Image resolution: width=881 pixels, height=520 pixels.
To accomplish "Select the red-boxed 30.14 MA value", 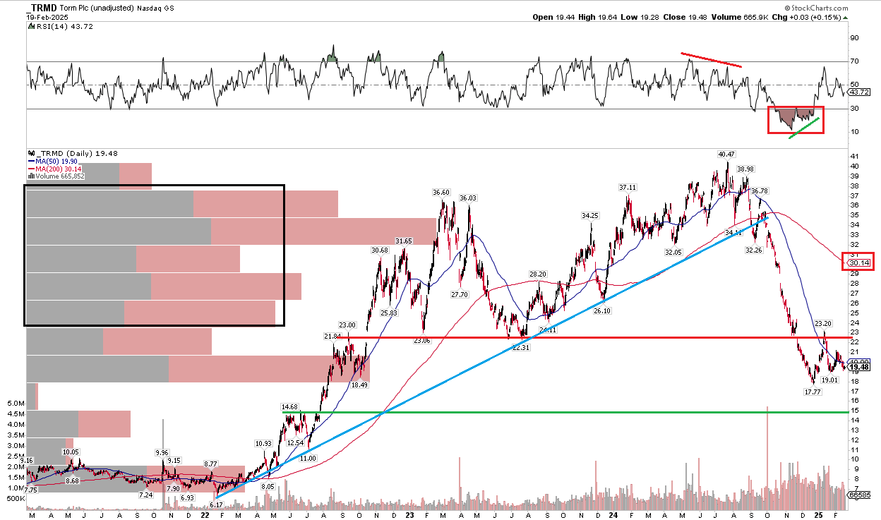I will point(858,262).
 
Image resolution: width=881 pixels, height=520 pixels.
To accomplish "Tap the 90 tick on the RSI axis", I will point(853,38).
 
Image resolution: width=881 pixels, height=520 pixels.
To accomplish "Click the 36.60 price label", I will point(441,192).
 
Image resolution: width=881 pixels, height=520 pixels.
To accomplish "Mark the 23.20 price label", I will point(823,323).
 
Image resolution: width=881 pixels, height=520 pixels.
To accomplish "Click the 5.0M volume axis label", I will point(13,404).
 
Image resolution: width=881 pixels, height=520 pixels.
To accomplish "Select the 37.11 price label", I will point(628,187).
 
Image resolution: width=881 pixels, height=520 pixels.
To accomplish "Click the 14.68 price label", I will point(290,407).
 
